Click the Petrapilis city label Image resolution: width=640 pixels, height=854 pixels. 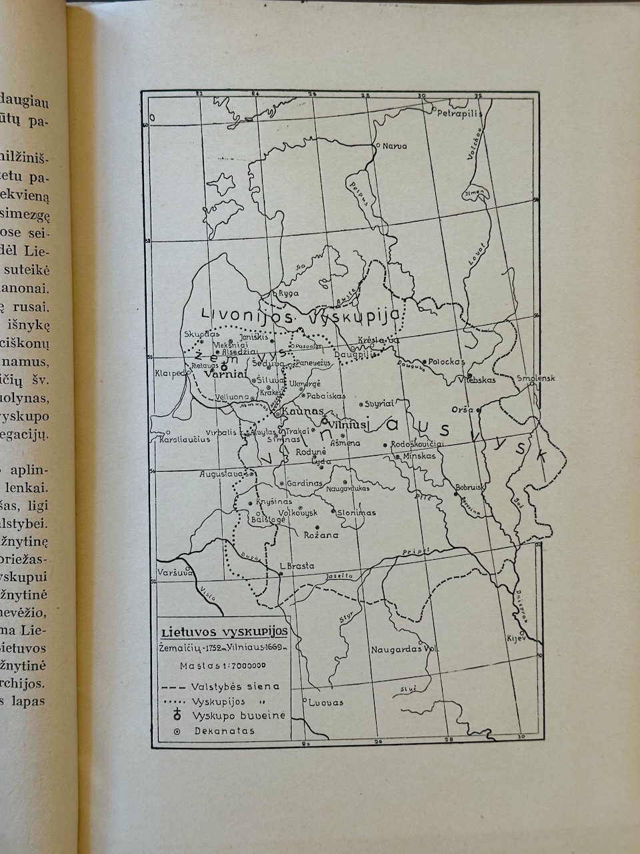[x=458, y=113]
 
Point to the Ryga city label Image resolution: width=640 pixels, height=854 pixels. [x=289, y=293]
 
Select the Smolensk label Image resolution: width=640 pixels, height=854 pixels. [x=536, y=378]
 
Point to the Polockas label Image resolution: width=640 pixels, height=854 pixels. [x=446, y=360]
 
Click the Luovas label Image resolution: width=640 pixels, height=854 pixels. [x=327, y=703]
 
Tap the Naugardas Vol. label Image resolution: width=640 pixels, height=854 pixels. [x=404, y=649]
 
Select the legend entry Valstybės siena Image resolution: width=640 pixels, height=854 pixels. [x=235, y=686]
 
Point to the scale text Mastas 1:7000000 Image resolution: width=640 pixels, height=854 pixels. [x=223, y=665]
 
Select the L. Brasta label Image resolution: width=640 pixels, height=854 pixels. [x=297, y=566]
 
